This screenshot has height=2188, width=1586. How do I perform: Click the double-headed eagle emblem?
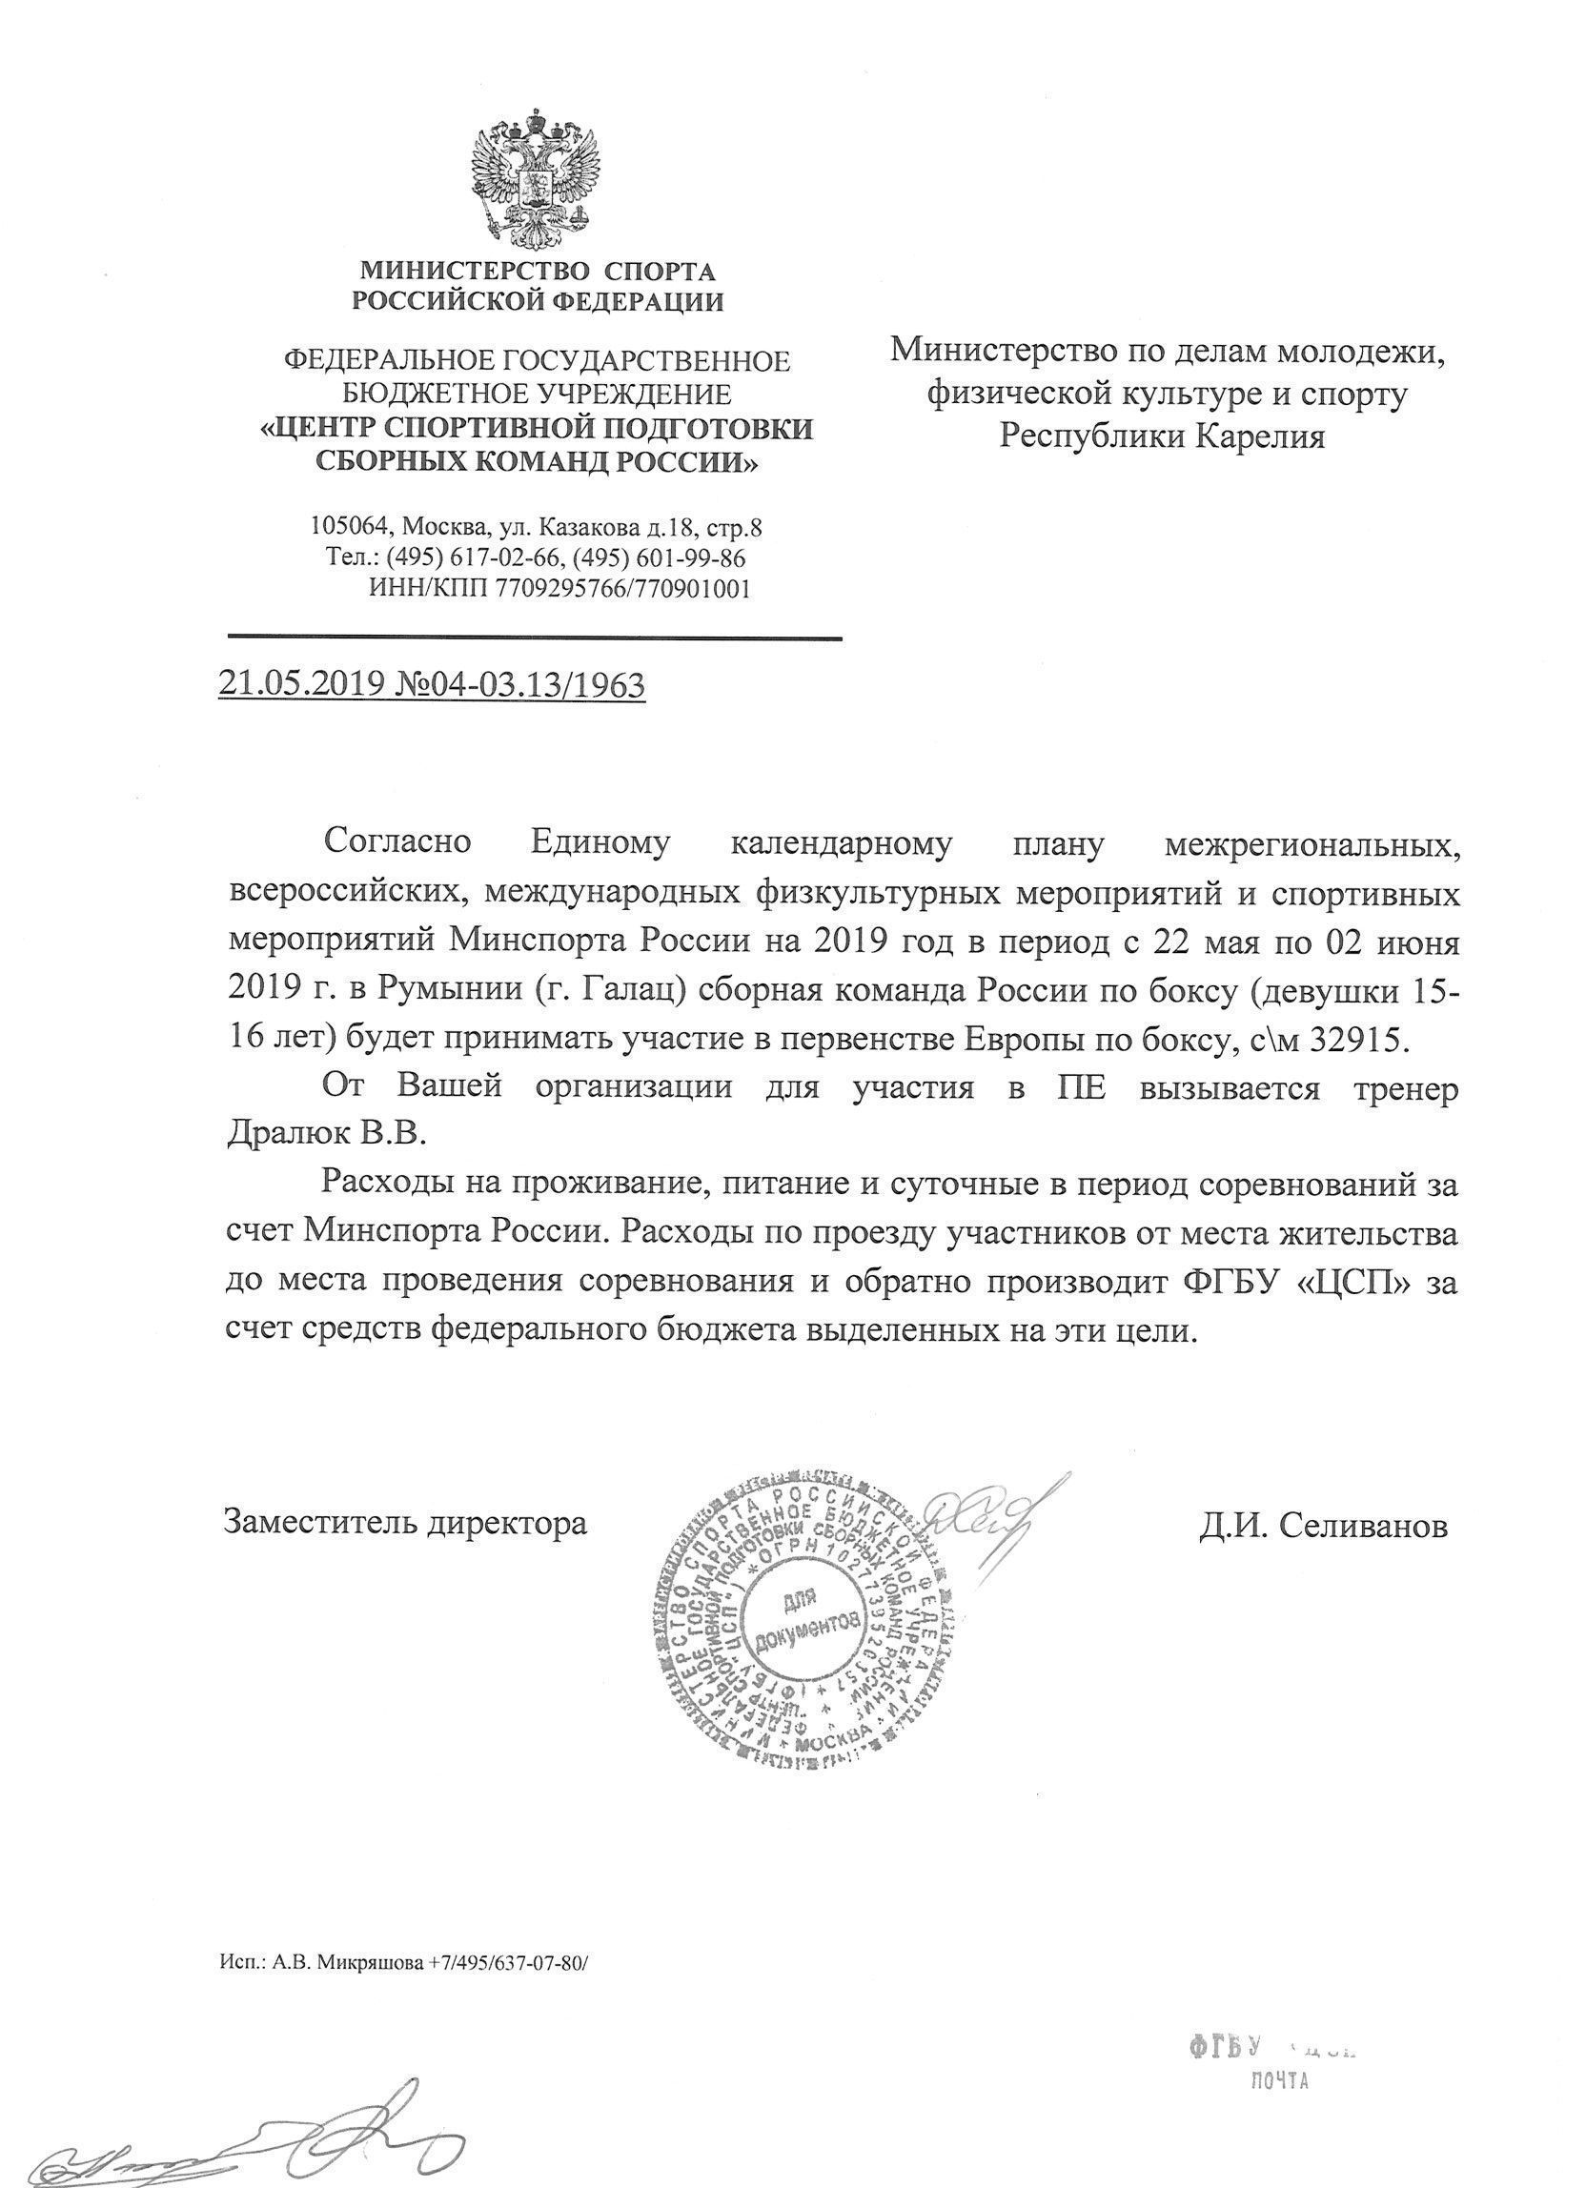click(535, 181)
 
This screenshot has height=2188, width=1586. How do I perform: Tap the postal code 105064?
click(350, 528)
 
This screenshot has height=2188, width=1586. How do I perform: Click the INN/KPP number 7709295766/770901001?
click(622, 589)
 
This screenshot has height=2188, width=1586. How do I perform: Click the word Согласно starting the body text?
click(397, 842)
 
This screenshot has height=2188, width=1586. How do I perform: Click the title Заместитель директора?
click(405, 1523)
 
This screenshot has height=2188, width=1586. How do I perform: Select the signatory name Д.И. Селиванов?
click(1324, 1526)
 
